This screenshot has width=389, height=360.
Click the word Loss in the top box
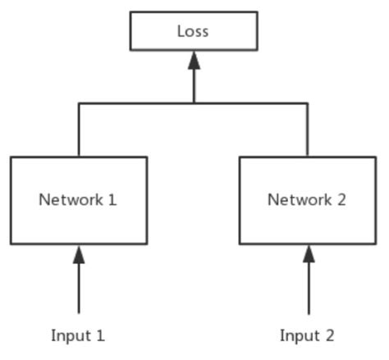point(194,31)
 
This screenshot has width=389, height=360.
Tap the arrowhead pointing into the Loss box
point(194,60)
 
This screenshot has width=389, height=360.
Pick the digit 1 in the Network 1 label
point(112,199)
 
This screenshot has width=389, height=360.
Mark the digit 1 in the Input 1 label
point(101,335)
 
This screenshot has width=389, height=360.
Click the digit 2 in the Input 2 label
point(330,335)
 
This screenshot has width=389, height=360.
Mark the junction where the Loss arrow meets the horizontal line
point(194,103)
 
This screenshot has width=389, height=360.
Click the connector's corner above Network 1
point(79,103)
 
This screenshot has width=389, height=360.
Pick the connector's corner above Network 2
point(309,103)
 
